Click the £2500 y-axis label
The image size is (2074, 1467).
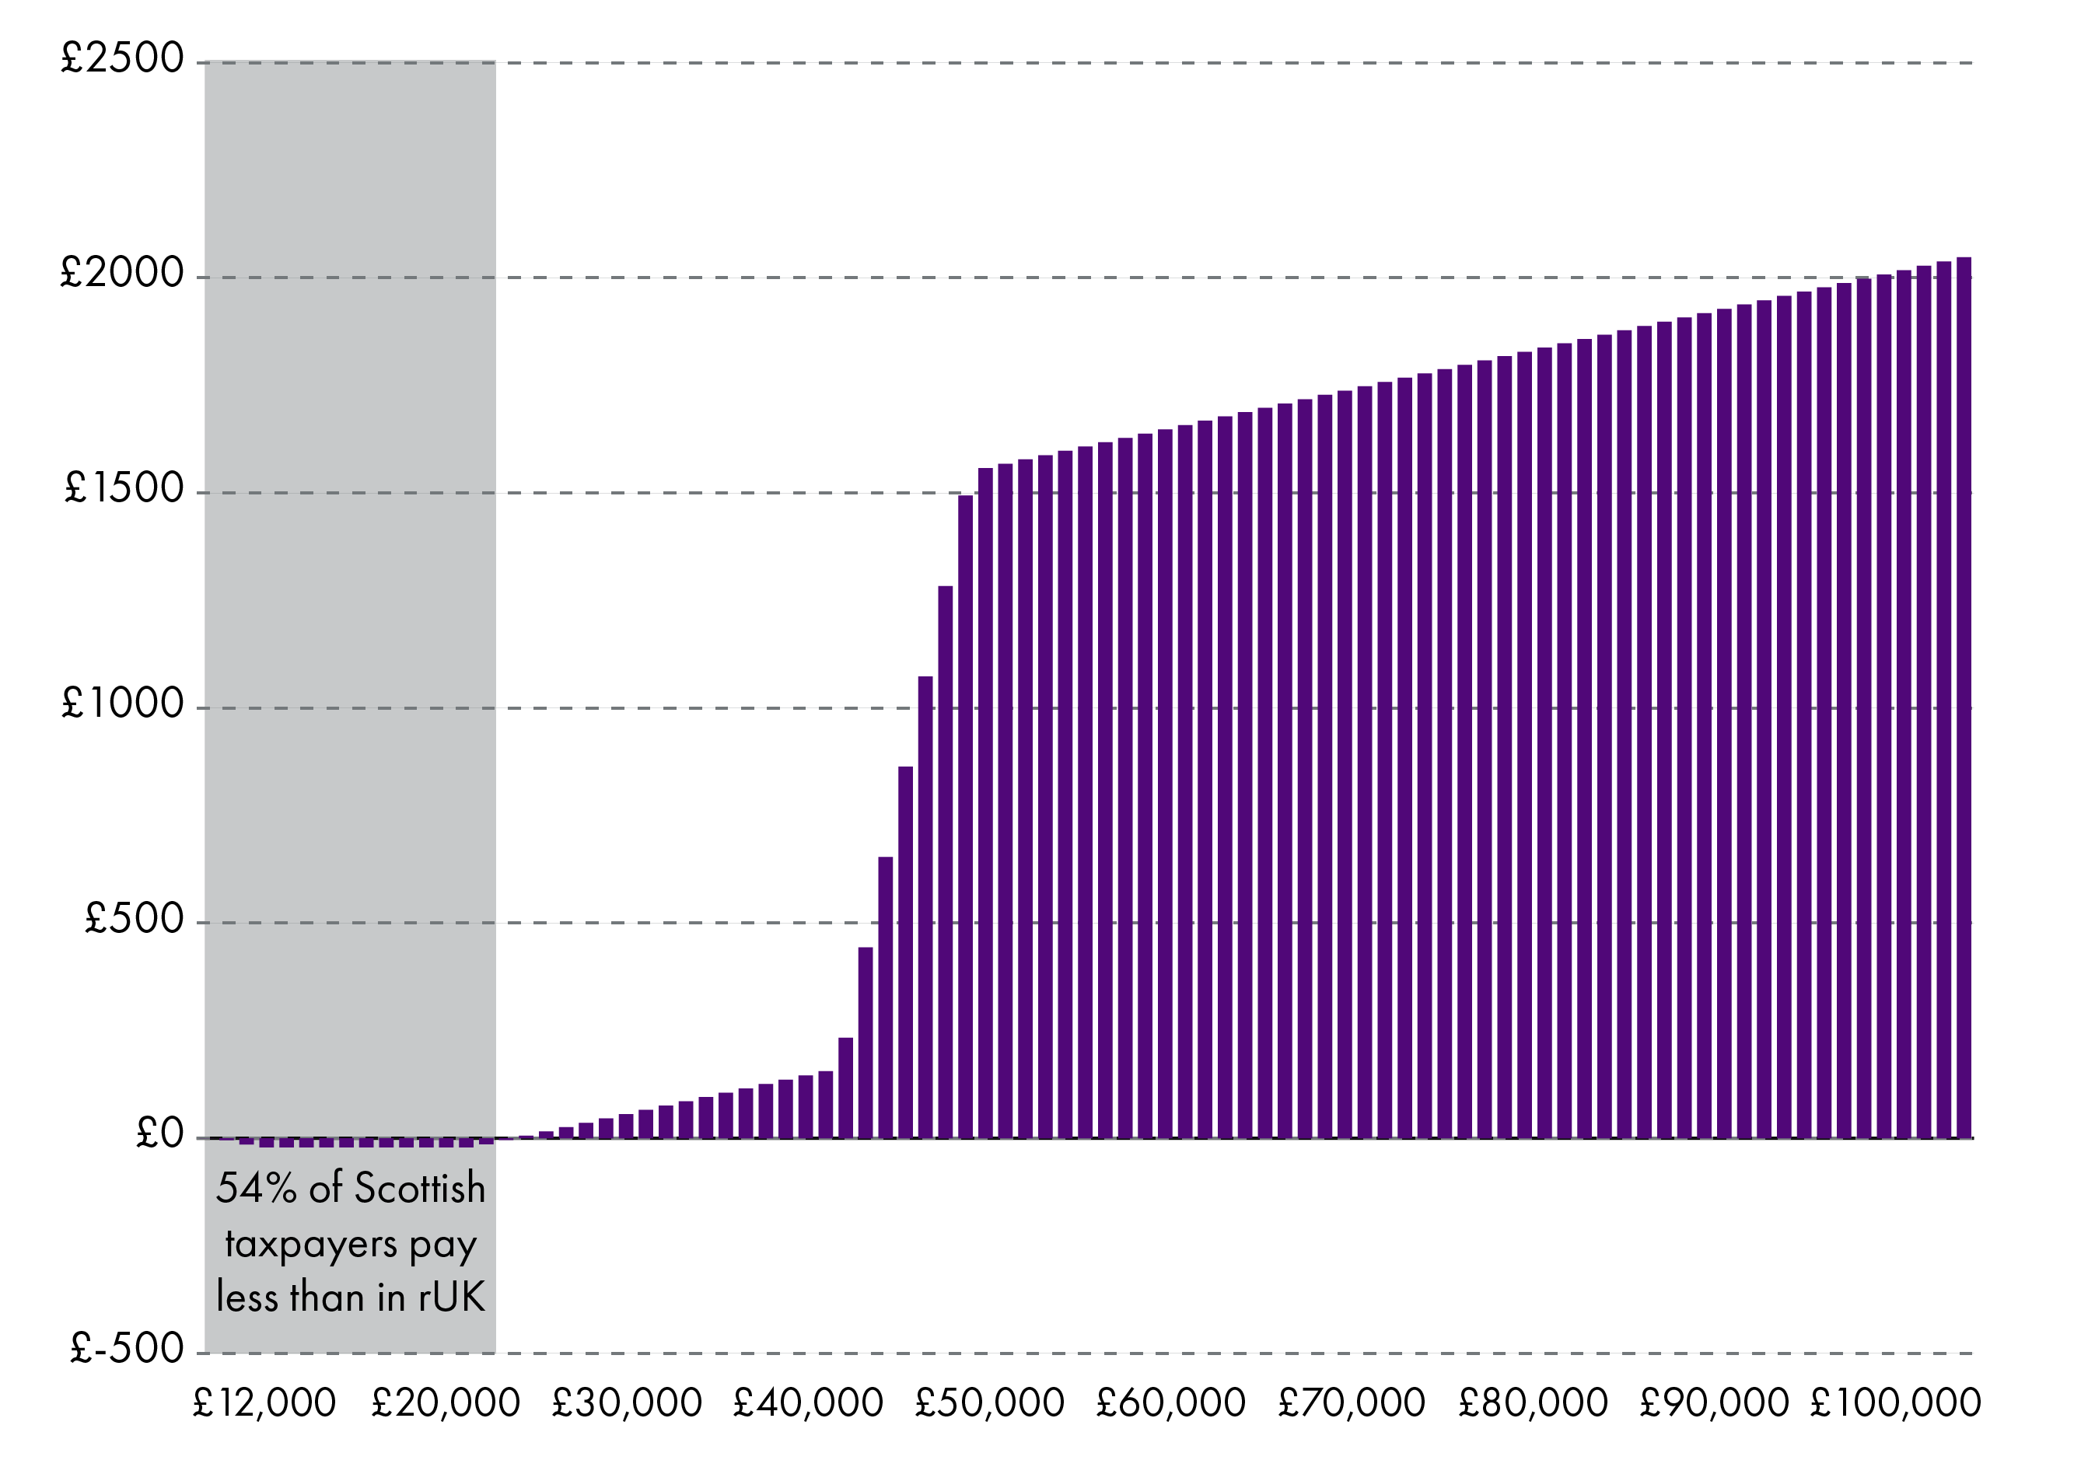pyautogui.click(x=122, y=59)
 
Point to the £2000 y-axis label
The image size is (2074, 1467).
pyautogui.click(x=122, y=273)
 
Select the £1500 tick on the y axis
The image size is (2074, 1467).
pyautogui.click(x=124, y=489)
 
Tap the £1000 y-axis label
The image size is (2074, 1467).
pyautogui.click(x=122, y=704)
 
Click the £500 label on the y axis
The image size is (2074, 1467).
pyautogui.click(x=134, y=919)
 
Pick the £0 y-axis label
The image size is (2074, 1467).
pyautogui.click(x=159, y=1133)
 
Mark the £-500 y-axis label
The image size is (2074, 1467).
pyautogui.click(x=127, y=1349)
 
